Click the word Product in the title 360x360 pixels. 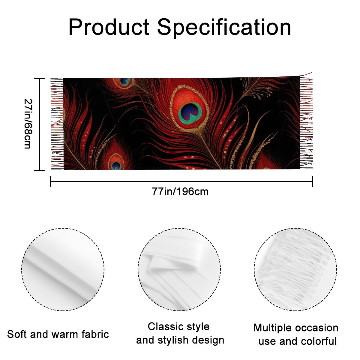pyautogui.click(x=109, y=27)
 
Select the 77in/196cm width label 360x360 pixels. pyautogui.click(x=180, y=192)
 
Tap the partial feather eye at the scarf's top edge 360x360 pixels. pyautogui.click(x=124, y=82)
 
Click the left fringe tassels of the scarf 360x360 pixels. pyautogui.click(x=57, y=124)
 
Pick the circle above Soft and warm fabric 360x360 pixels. pyautogui.click(x=63, y=270)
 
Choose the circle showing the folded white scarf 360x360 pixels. pyautogui.click(x=179, y=270)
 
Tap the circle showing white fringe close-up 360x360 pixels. pyautogui.click(x=295, y=270)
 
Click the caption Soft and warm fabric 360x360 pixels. pyautogui.click(x=58, y=334)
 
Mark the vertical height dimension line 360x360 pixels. pyautogui.click(x=39, y=124)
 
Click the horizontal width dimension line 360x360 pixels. pyautogui.click(x=181, y=181)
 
